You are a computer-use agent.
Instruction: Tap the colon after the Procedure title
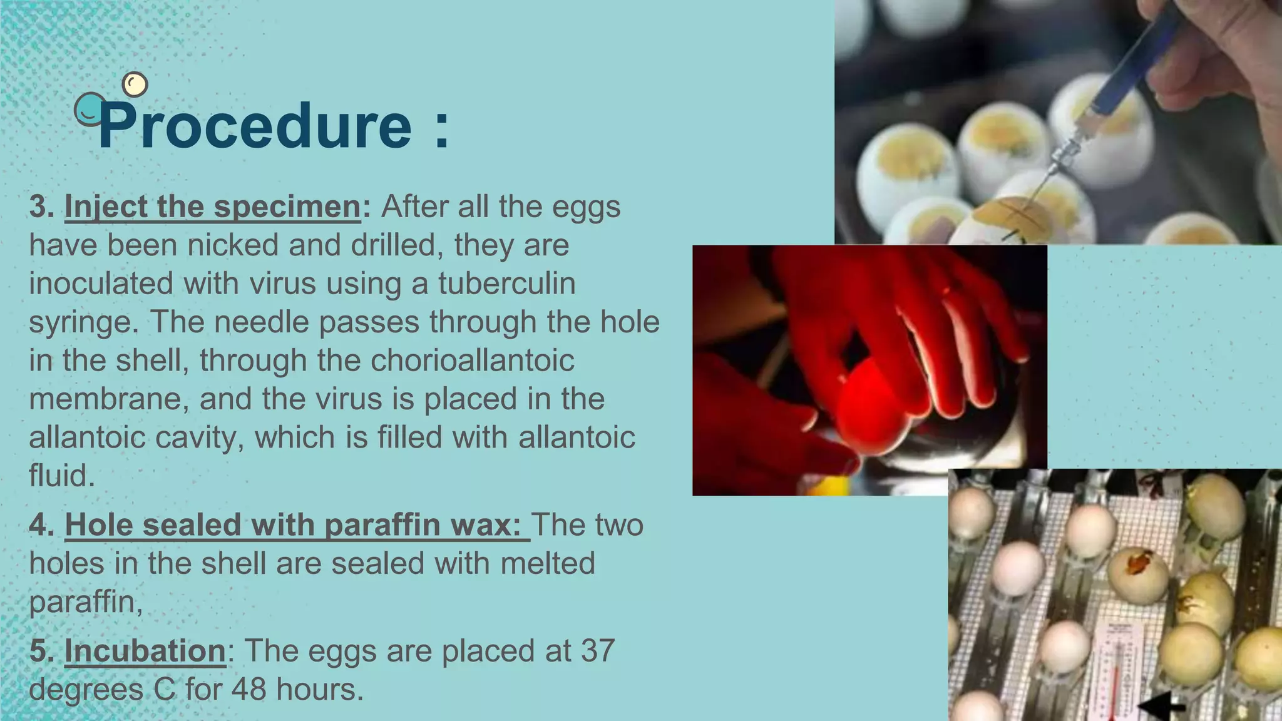[x=441, y=128]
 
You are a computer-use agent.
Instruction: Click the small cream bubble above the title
[x=135, y=84]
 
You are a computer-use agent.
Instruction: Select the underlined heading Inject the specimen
[x=212, y=207]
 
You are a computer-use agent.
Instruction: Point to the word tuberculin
[x=506, y=283]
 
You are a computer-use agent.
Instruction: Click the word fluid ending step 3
[x=61, y=476]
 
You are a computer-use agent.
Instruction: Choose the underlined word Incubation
[x=145, y=651]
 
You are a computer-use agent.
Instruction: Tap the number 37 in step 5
[x=598, y=651]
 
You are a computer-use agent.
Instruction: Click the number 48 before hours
[x=250, y=690]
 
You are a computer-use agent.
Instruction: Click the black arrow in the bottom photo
[x=1161, y=705]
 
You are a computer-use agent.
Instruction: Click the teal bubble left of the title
[x=90, y=110]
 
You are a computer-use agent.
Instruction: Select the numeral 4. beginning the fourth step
[x=41, y=524]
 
